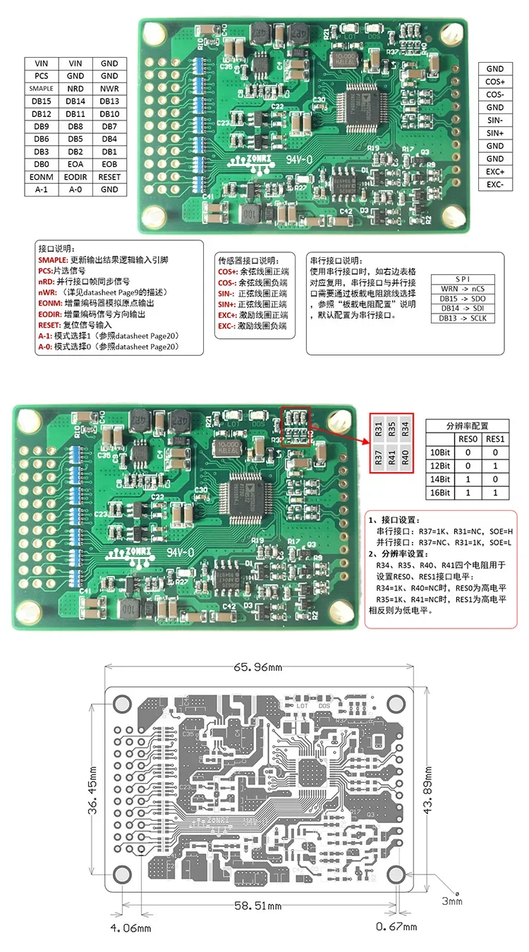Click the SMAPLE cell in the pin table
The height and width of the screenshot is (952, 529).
coord(42,89)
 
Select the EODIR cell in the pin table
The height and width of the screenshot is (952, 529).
coord(75,177)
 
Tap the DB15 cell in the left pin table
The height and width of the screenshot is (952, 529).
coord(42,101)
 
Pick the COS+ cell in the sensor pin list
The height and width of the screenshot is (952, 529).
coord(495,82)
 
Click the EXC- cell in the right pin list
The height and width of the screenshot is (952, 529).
coord(495,185)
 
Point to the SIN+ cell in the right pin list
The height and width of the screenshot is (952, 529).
coord(495,133)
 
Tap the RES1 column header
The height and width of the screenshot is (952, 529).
coord(495,438)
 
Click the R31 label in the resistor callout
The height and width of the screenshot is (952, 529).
coord(379,428)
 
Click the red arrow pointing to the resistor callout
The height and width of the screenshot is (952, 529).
coord(340,435)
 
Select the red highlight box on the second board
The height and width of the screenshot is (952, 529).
coord(296,426)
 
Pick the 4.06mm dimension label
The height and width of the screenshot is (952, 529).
coord(130,928)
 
